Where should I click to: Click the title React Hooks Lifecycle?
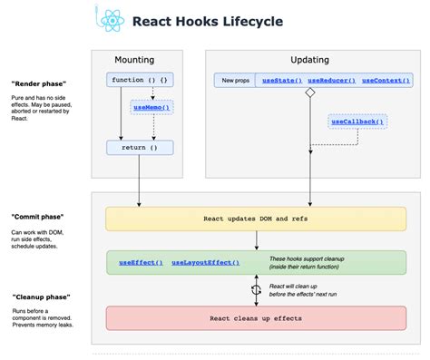tap(207, 20)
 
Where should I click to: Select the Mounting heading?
tap(139, 59)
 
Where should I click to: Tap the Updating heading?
tap(310, 59)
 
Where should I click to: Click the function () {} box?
tap(139, 80)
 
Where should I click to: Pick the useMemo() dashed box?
tap(151, 107)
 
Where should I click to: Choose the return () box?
tap(139, 145)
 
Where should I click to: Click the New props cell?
tap(234, 81)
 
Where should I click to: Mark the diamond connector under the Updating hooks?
tap(309, 92)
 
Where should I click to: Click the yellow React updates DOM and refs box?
tap(257, 219)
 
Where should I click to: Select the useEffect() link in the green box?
tap(141, 262)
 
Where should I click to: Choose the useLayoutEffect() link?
tap(206, 262)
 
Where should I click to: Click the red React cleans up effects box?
tap(257, 317)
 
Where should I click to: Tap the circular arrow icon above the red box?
tap(257, 290)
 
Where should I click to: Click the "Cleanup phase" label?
tap(40, 297)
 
